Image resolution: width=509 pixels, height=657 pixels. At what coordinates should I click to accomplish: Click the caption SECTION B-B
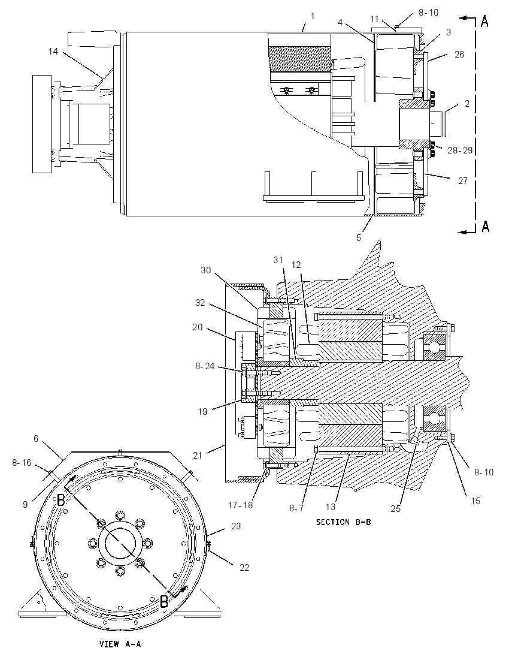pos(343,522)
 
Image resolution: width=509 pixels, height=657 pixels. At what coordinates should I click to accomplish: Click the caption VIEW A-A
pos(120,644)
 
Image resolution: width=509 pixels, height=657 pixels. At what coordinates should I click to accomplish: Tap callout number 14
pos(53,51)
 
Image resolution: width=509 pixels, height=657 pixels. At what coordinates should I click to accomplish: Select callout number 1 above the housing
pos(312,16)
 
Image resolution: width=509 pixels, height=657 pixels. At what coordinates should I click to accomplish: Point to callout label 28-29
pos(460,150)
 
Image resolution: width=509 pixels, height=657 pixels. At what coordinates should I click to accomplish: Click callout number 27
pos(462,181)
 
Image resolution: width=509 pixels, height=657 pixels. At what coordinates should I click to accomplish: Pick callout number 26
pos(460,55)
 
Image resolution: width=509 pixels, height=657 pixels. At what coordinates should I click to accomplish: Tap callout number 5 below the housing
pos(359,237)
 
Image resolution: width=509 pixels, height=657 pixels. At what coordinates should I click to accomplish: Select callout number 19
pos(202,412)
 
